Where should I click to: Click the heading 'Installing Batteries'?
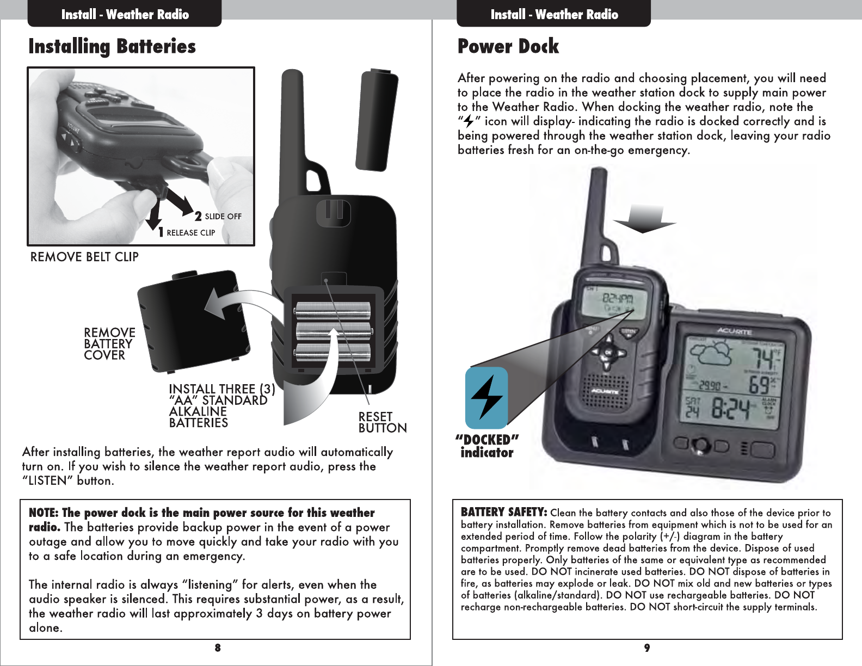(x=112, y=47)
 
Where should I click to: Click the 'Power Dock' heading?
(x=508, y=47)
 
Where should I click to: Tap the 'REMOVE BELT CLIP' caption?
(x=84, y=257)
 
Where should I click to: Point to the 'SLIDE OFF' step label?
(x=223, y=217)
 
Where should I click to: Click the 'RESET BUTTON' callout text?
(x=382, y=422)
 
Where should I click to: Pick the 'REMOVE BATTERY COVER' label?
(x=109, y=344)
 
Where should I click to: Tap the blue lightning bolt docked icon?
(x=487, y=398)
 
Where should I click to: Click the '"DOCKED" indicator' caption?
(x=487, y=446)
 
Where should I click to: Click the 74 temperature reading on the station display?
(x=760, y=359)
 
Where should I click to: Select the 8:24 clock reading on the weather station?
(x=731, y=409)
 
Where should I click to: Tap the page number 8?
(x=217, y=647)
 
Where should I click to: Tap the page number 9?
(x=646, y=647)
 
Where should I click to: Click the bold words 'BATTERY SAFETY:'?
(x=503, y=512)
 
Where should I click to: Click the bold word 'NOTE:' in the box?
(x=44, y=513)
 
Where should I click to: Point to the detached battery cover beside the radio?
(x=193, y=321)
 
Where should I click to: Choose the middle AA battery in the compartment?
(x=333, y=331)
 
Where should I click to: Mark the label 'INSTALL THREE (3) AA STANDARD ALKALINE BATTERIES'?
(x=220, y=406)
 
